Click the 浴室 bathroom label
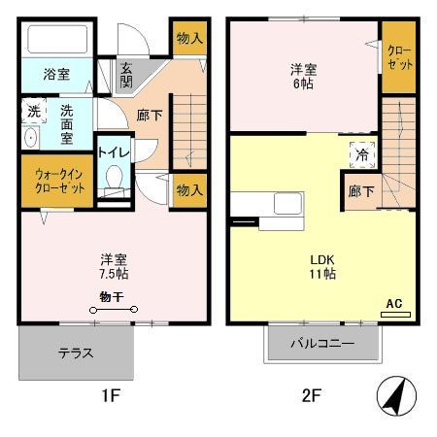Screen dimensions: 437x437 (x=56, y=74)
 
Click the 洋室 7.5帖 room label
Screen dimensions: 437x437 (x=115, y=265)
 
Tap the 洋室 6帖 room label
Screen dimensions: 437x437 (x=303, y=77)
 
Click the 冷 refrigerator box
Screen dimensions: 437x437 (x=361, y=153)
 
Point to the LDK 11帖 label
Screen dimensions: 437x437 (x=321, y=266)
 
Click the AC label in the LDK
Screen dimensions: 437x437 (x=394, y=304)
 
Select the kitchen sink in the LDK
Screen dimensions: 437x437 (x=288, y=206)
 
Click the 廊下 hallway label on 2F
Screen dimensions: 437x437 (x=361, y=191)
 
